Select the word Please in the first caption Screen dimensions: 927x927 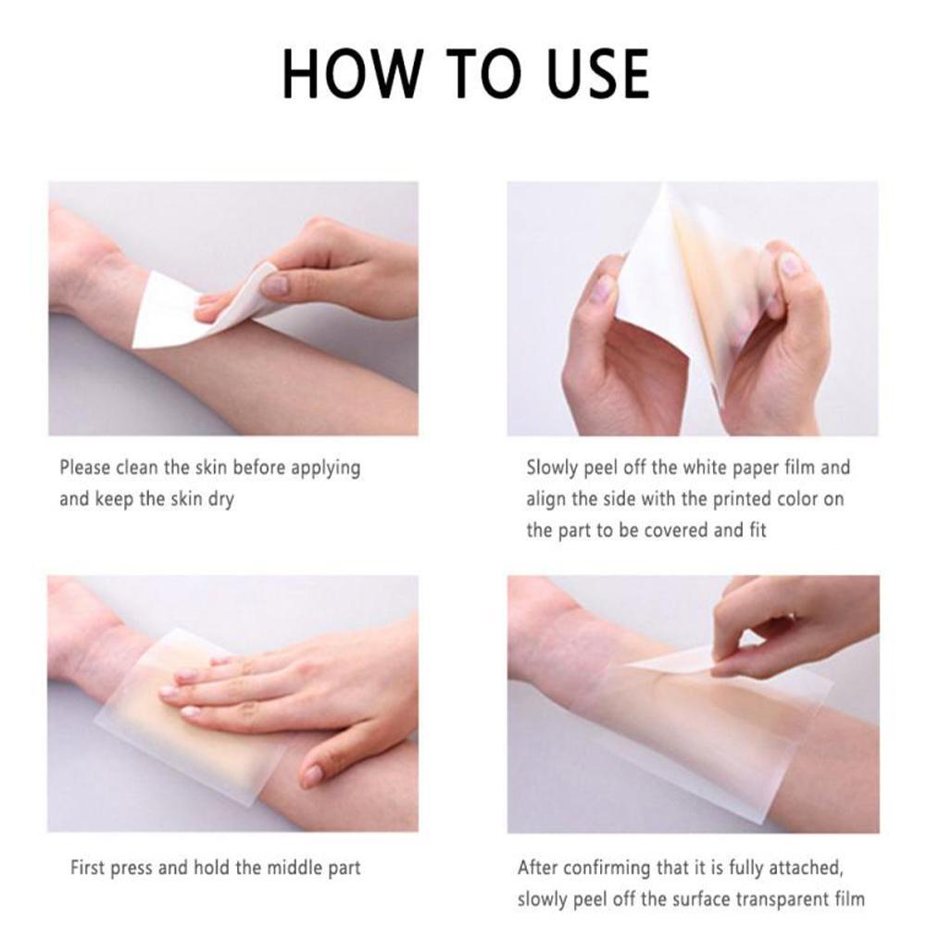point(85,468)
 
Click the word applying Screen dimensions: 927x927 point(325,469)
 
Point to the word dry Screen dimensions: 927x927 point(219,499)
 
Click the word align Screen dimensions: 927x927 point(547,499)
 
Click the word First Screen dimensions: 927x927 point(91,868)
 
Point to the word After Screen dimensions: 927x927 point(538,868)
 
